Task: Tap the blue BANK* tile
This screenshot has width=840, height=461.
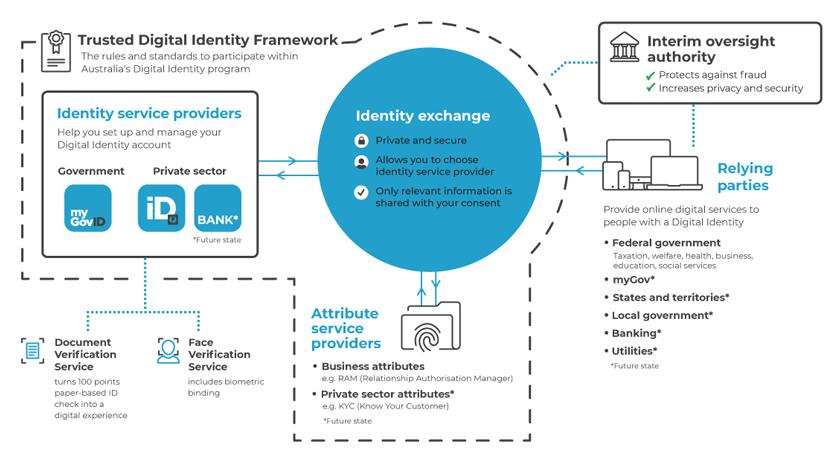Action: pos(218,208)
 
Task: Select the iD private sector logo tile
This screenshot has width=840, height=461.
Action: pos(162,208)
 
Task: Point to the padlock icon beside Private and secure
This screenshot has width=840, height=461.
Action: pos(361,139)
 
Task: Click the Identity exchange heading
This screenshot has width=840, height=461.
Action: pos(423,116)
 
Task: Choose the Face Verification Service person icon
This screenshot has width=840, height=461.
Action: pos(168,351)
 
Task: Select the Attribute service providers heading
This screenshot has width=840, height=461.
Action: pos(346,328)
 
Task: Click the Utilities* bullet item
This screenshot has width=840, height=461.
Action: pos(634,351)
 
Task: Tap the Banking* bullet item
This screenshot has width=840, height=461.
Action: pos(636,333)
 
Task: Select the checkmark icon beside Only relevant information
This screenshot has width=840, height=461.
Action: pos(361,191)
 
